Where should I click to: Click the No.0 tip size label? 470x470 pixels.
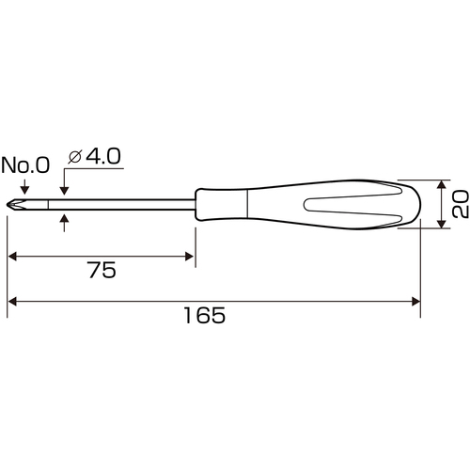coord(25,165)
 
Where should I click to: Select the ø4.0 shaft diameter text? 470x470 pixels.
coord(94,156)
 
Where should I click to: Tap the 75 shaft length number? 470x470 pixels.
coord(102,270)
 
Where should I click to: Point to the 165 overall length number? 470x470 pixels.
coord(204,315)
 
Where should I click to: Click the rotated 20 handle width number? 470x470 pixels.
coord(461,204)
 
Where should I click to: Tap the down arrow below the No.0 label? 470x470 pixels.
coord(24,187)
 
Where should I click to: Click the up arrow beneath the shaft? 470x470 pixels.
coord(64,223)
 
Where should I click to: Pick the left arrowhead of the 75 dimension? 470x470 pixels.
coord(12,257)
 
